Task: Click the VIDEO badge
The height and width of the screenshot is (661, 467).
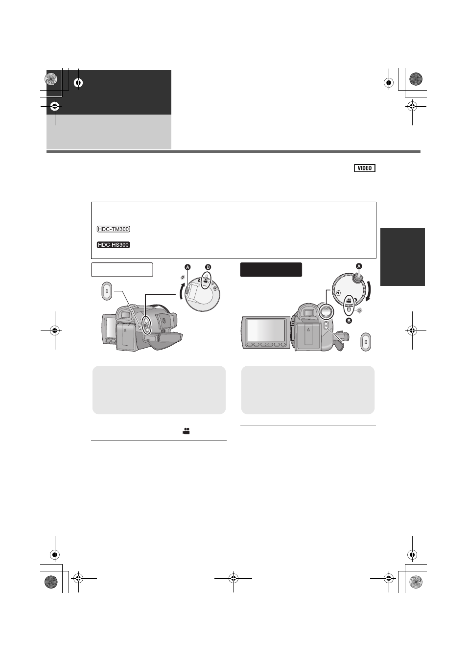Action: (x=365, y=168)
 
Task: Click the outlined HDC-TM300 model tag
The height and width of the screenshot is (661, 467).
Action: (x=113, y=229)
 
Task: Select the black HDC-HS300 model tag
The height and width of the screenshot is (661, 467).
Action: (x=113, y=245)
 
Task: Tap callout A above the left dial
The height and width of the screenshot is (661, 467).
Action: (x=187, y=267)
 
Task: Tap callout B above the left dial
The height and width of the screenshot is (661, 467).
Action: (x=208, y=267)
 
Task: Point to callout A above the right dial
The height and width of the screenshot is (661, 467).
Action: (x=359, y=266)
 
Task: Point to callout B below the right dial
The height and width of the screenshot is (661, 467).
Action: (x=349, y=321)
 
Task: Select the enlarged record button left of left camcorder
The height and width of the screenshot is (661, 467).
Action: (x=107, y=291)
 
